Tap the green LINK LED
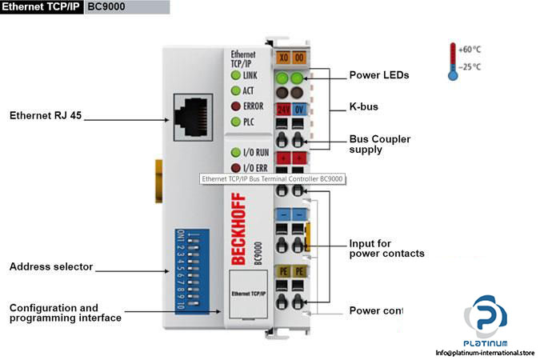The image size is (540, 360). pos(236,74)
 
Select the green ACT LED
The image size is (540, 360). pos(236,90)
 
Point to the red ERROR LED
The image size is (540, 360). pos(236,106)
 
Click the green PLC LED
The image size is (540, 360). pos(236,122)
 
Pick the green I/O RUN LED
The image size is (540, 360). pos(236,152)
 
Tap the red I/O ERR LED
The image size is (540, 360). pos(236,167)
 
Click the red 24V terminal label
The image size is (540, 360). pos(283,109)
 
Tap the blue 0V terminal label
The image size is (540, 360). pos(298,109)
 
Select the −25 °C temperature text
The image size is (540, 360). pos(472,66)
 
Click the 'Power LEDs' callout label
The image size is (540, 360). pos(379,75)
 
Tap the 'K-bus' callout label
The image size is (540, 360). pos(365,106)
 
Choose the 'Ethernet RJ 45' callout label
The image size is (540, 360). pos(45,115)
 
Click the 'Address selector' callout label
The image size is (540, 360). pos(51,266)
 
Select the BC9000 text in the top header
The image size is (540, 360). pos(105,9)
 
